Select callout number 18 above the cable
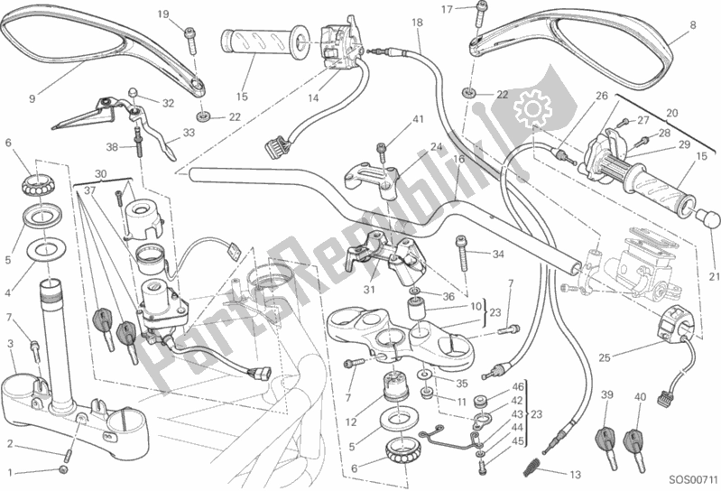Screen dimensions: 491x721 click(x=416, y=23)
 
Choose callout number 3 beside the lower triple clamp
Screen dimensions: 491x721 click(x=10, y=343)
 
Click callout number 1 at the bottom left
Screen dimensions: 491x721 click(x=10, y=470)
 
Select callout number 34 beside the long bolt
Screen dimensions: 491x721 click(x=497, y=254)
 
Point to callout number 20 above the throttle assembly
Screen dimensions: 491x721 click(x=671, y=113)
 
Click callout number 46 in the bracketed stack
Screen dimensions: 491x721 click(x=518, y=386)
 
